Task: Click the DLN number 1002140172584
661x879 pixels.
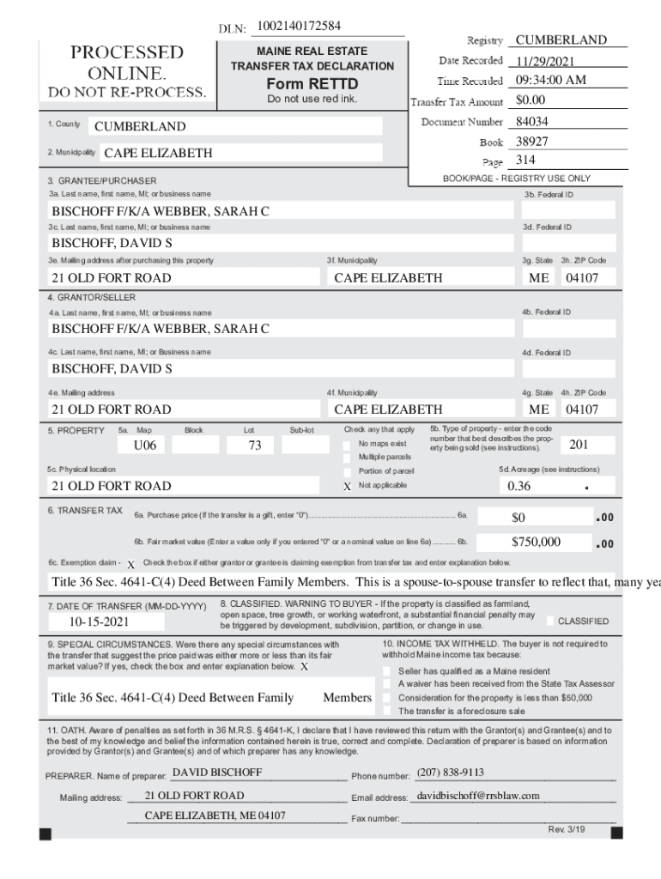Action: point(299,26)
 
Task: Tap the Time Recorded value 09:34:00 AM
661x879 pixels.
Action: point(550,81)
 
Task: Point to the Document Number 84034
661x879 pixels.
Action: point(532,122)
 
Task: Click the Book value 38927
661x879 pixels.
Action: point(532,142)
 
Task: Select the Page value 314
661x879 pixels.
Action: point(525,161)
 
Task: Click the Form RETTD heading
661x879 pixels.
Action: point(312,84)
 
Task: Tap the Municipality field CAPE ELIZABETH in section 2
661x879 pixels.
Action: point(158,154)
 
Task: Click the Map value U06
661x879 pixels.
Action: point(145,446)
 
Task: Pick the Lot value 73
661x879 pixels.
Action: point(254,446)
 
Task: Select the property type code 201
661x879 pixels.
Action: point(579,445)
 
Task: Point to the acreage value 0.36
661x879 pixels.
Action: point(519,486)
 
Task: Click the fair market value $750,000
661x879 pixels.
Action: point(536,542)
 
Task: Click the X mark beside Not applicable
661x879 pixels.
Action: point(348,486)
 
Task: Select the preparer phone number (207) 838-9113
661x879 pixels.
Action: point(450,773)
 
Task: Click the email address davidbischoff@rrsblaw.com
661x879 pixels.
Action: point(477,796)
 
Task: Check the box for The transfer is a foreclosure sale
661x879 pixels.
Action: point(387,711)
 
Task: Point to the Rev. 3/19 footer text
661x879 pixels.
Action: point(567,829)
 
